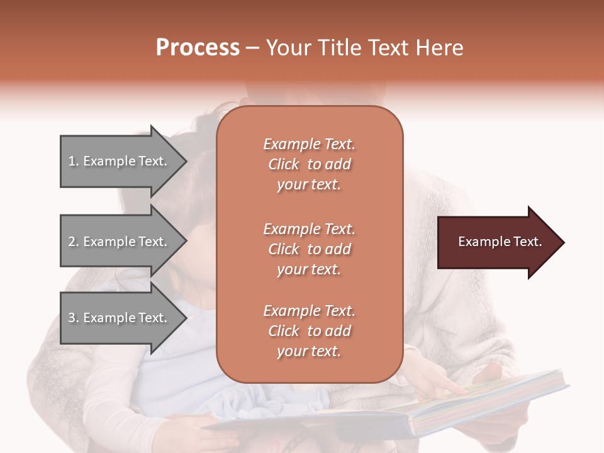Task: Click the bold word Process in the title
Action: (x=198, y=48)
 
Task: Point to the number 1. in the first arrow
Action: (x=74, y=161)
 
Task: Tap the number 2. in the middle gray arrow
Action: (x=74, y=242)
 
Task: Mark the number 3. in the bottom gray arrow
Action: (x=74, y=318)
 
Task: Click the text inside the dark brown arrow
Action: (x=500, y=242)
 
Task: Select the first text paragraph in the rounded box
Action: (x=309, y=164)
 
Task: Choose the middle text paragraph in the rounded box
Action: (x=309, y=249)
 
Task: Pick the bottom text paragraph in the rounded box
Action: (x=309, y=331)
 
